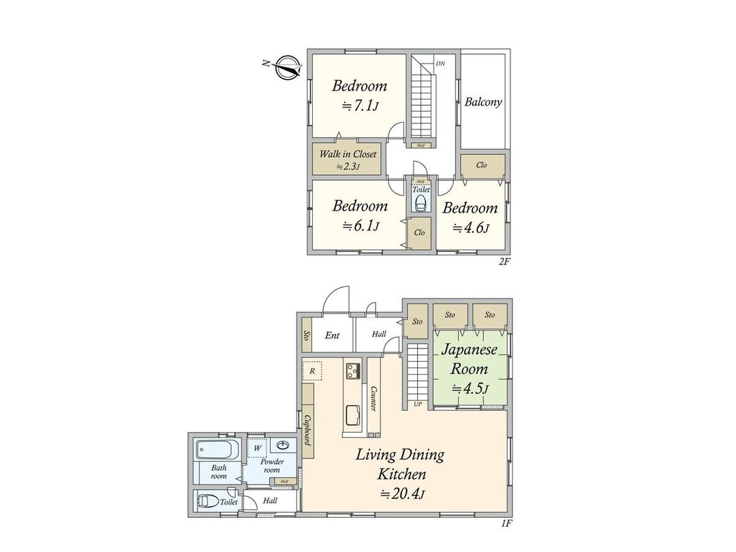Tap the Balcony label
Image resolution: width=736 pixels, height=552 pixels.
pyautogui.click(x=483, y=102)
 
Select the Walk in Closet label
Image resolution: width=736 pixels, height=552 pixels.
pyautogui.click(x=348, y=154)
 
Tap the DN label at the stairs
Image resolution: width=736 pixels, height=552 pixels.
pyautogui.click(x=440, y=63)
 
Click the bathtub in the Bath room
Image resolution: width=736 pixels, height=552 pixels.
pyautogui.click(x=217, y=450)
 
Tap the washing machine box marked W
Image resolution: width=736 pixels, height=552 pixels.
pyautogui.click(x=258, y=448)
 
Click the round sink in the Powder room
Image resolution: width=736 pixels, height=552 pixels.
pyautogui.click(x=283, y=446)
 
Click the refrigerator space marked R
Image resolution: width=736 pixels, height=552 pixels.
pyautogui.click(x=311, y=370)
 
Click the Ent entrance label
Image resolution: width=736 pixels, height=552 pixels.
pyautogui.click(x=332, y=335)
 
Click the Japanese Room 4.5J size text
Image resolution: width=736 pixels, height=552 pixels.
pyautogui.click(x=470, y=388)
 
